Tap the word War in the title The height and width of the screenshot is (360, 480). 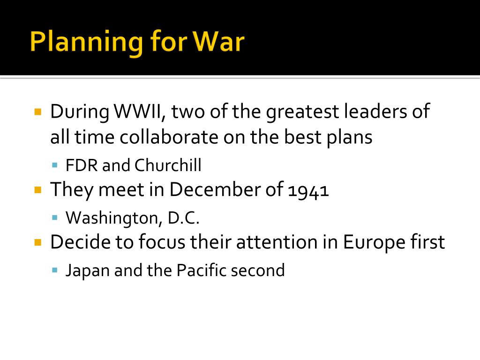(219, 42)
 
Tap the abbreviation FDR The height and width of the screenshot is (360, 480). (82, 165)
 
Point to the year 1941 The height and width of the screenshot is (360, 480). (308, 190)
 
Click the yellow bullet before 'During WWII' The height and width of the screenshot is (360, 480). (38, 112)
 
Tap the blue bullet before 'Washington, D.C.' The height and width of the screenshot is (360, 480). (55, 217)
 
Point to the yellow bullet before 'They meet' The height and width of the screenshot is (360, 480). (38, 190)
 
